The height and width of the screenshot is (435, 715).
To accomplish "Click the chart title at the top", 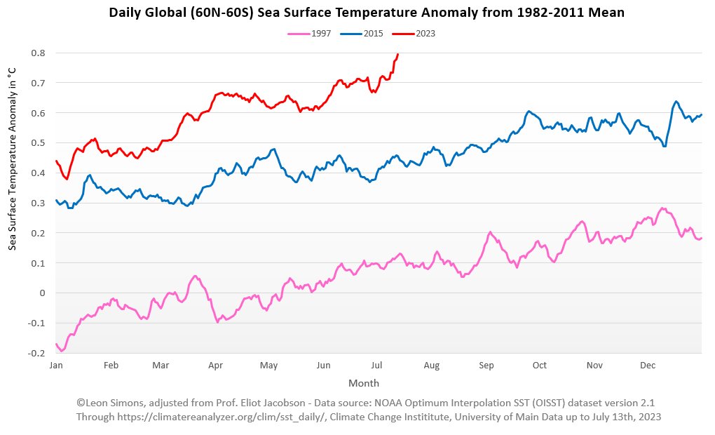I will [357, 13].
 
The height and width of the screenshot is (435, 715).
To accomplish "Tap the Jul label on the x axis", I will [376, 366].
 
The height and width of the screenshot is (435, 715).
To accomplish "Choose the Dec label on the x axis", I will [647, 366].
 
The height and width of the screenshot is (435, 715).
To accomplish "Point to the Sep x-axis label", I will [486, 366].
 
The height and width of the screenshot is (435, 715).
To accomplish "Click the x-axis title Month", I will [363, 383].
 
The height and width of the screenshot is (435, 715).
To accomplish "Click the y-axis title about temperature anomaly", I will [13, 159].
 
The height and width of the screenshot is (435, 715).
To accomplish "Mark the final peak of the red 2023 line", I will [397, 55].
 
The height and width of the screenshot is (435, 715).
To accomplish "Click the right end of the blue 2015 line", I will [701, 114].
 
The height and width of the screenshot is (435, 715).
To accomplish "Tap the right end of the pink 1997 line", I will [701, 238].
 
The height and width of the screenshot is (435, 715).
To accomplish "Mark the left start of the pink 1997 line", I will [56, 344].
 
